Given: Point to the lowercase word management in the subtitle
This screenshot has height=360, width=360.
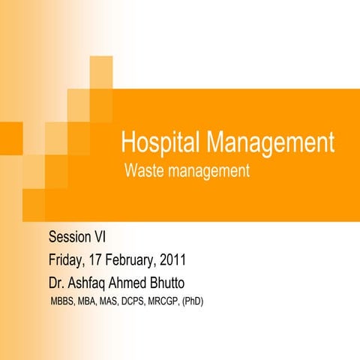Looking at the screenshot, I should (209, 172).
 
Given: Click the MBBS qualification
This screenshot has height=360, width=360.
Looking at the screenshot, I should (62, 302).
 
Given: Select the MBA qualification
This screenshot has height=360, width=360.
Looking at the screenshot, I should (93, 302).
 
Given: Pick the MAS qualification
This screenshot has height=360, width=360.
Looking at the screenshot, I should (120, 302).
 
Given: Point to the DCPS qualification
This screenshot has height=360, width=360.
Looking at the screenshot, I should (149, 302).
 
